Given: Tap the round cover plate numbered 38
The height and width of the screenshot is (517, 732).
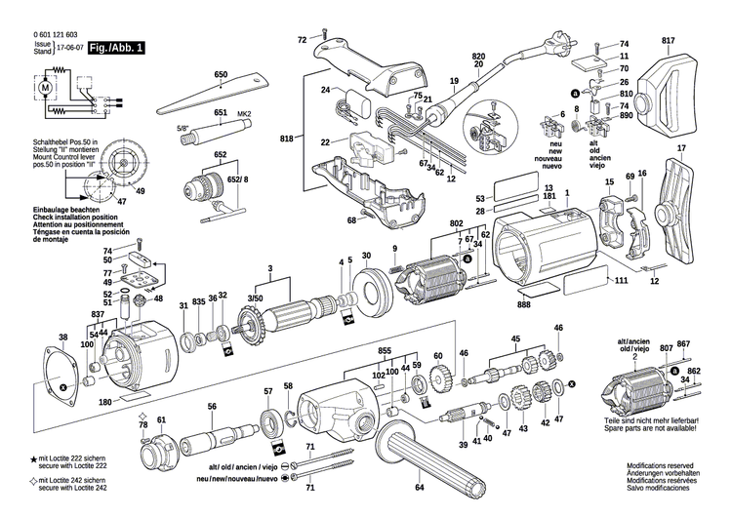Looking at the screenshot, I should click(x=67, y=375).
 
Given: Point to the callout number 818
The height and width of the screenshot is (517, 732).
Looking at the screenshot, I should click(x=286, y=140).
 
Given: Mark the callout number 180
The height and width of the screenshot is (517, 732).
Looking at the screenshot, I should click(x=105, y=402).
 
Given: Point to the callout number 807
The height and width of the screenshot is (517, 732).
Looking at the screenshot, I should click(x=666, y=345).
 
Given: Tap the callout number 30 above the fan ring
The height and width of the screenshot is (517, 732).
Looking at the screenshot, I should click(x=366, y=257).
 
